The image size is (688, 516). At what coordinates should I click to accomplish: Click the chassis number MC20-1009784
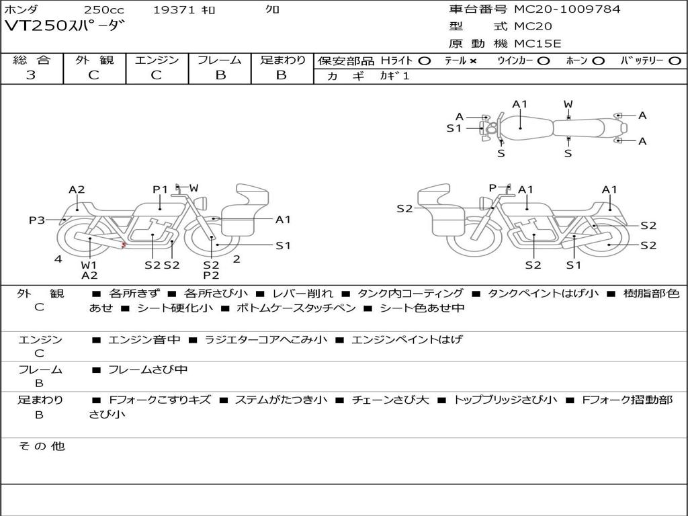(567, 9)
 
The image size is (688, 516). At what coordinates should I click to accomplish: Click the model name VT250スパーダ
(64, 26)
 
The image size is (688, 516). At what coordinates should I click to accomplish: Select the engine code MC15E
(537, 44)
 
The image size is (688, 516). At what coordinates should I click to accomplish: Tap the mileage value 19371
(173, 9)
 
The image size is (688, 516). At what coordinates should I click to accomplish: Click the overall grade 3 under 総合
(31, 75)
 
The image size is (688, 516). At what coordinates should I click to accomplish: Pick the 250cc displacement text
(104, 9)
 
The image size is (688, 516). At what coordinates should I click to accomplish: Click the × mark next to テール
(472, 61)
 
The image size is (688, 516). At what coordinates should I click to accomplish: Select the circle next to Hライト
(425, 61)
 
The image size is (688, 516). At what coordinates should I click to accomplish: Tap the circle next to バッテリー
(675, 61)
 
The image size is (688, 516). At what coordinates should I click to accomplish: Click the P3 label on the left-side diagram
(37, 220)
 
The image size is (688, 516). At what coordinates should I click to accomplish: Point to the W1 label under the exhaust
(89, 265)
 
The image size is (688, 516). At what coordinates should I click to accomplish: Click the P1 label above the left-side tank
(160, 189)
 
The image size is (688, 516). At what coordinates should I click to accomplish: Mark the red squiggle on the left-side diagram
(124, 245)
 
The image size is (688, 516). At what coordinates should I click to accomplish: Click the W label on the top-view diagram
(568, 104)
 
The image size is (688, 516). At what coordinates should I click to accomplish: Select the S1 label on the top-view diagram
(454, 128)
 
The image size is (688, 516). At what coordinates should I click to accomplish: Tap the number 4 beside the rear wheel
(58, 259)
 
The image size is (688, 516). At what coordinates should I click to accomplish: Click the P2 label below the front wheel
(211, 275)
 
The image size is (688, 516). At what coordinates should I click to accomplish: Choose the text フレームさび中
(148, 370)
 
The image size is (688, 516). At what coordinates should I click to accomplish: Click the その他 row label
(42, 446)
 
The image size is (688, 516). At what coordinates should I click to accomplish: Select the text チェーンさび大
(390, 400)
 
